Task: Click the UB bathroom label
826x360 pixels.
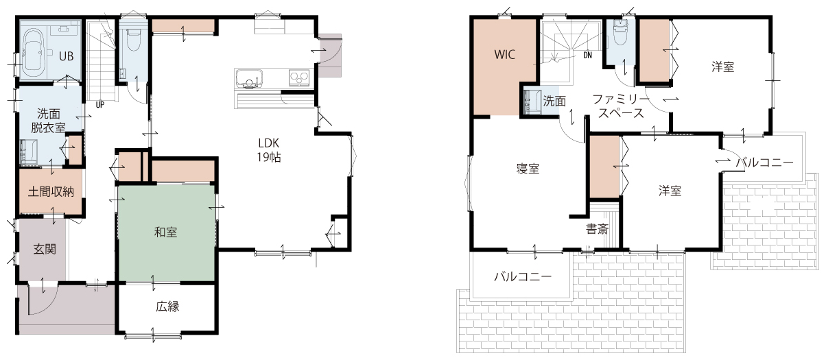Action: [x=67, y=56]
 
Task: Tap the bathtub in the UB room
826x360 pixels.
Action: [x=34, y=53]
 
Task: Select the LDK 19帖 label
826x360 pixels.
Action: [x=269, y=150]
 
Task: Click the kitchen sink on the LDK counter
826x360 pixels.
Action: [x=248, y=78]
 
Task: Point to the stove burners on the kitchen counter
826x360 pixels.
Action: [x=298, y=77]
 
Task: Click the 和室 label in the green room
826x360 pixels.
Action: [x=165, y=232]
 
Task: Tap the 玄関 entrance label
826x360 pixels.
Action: [x=45, y=249]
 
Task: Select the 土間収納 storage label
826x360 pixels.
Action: [x=51, y=191]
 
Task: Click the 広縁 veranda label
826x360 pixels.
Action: [x=167, y=307]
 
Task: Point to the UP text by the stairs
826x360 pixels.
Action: [x=100, y=105]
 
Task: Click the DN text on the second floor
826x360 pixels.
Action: [x=588, y=56]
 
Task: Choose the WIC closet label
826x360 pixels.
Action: [x=504, y=55]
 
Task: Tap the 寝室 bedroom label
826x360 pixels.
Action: [x=528, y=169]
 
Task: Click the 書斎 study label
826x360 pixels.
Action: [x=597, y=229]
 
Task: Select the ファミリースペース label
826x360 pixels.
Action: [x=621, y=106]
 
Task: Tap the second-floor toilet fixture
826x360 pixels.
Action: [x=622, y=32]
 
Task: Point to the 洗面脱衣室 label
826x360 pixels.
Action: [x=48, y=121]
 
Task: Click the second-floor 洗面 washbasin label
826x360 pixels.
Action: [x=554, y=101]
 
